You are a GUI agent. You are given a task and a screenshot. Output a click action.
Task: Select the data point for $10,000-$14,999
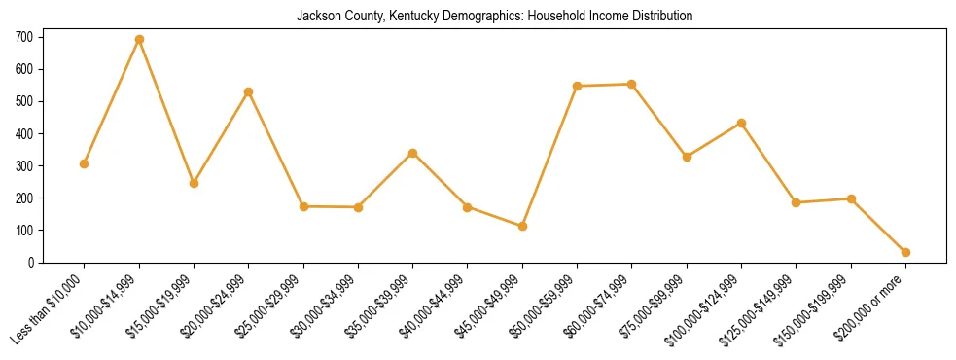(x=139, y=40)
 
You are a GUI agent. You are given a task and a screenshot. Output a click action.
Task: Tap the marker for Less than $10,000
(x=85, y=163)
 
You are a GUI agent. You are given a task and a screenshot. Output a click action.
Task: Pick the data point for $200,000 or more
(x=905, y=252)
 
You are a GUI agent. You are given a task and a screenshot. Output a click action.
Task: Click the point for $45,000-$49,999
(x=522, y=226)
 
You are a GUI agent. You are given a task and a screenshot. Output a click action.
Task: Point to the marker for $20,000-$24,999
(x=249, y=91)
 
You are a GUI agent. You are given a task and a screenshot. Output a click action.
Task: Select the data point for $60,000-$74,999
(x=632, y=84)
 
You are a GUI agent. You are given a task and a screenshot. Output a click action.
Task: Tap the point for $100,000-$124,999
(x=741, y=123)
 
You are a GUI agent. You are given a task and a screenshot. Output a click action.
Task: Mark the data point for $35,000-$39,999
(x=412, y=153)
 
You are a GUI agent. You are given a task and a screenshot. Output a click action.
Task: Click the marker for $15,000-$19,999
(x=194, y=183)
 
